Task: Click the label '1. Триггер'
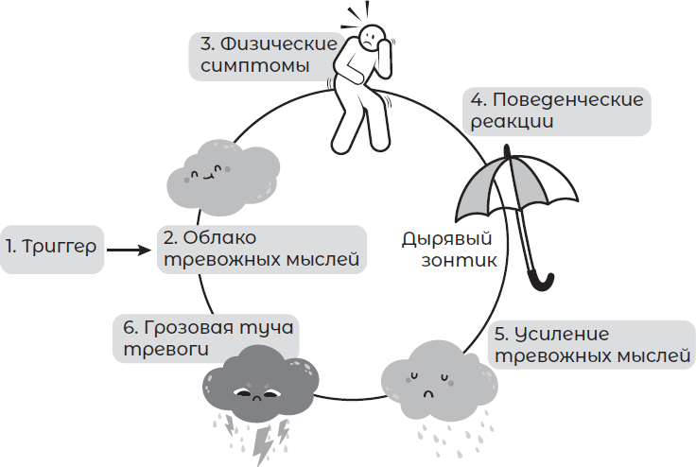(x=50, y=249)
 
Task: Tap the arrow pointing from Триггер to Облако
(x=128, y=250)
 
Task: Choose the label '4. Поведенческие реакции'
(x=557, y=110)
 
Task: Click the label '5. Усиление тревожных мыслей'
(x=593, y=346)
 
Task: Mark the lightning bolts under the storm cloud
(x=267, y=434)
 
